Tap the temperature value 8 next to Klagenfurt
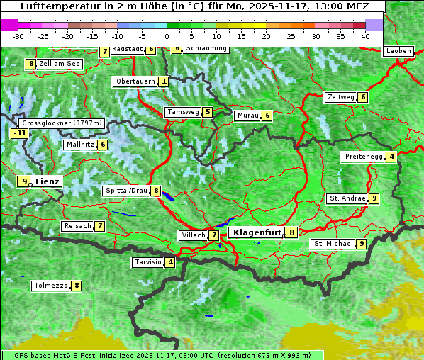291,232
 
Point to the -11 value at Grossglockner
20,133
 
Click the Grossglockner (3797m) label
62,123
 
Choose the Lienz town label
48,181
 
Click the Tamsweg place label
182,112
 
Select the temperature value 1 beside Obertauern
164,82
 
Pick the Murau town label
247,116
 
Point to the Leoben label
398,51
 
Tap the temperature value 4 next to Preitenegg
391,157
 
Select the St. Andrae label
347,198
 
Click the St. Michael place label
333,244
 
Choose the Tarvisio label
147,263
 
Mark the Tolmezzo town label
50,286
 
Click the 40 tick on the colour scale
365,35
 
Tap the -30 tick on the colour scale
18,35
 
